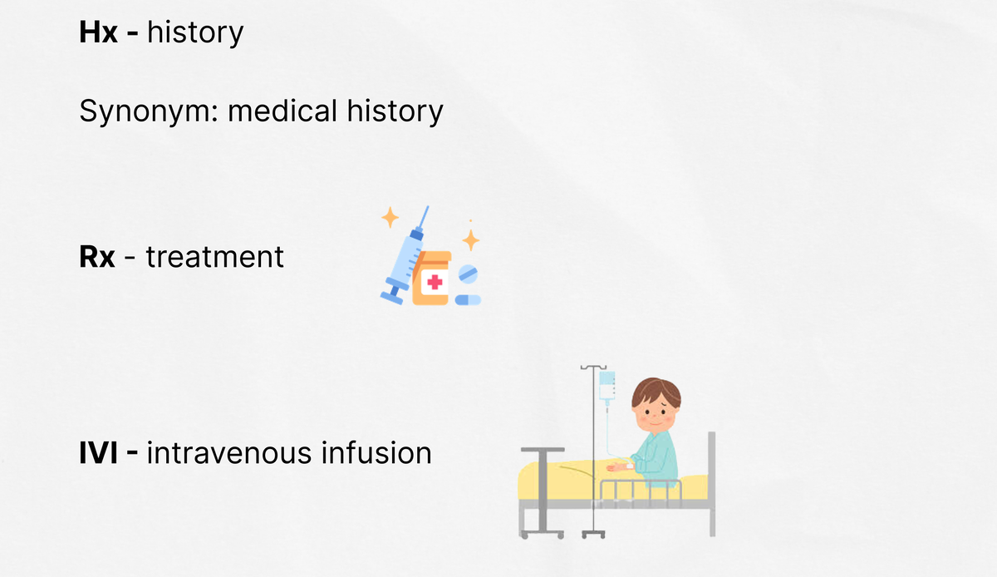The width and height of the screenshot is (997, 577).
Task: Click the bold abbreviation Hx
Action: (x=98, y=32)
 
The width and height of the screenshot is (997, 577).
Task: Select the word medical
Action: (x=282, y=111)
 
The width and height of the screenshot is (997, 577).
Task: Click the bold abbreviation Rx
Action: (x=97, y=257)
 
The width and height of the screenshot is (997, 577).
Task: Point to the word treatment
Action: (x=215, y=257)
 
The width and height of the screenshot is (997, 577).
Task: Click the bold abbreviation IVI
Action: (x=98, y=453)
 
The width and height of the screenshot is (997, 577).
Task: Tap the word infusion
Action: (x=376, y=452)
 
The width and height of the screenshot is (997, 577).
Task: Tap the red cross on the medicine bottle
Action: (x=435, y=282)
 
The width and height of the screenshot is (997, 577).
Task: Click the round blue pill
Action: (x=468, y=274)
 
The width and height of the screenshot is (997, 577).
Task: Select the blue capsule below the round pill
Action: (x=468, y=300)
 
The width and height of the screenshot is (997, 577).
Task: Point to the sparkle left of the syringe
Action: (x=390, y=218)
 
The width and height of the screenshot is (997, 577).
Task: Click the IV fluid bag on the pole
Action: (x=607, y=386)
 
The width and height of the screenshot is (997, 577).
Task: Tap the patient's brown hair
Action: (x=656, y=392)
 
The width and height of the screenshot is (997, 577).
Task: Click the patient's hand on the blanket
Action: (x=616, y=467)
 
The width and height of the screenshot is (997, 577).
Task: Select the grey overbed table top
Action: (x=543, y=450)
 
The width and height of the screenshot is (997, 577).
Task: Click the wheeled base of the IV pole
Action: (x=593, y=534)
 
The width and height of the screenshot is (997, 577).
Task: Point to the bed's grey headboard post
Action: (x=712, y=484)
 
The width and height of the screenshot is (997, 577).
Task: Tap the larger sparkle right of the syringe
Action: (x=470, y=240)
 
